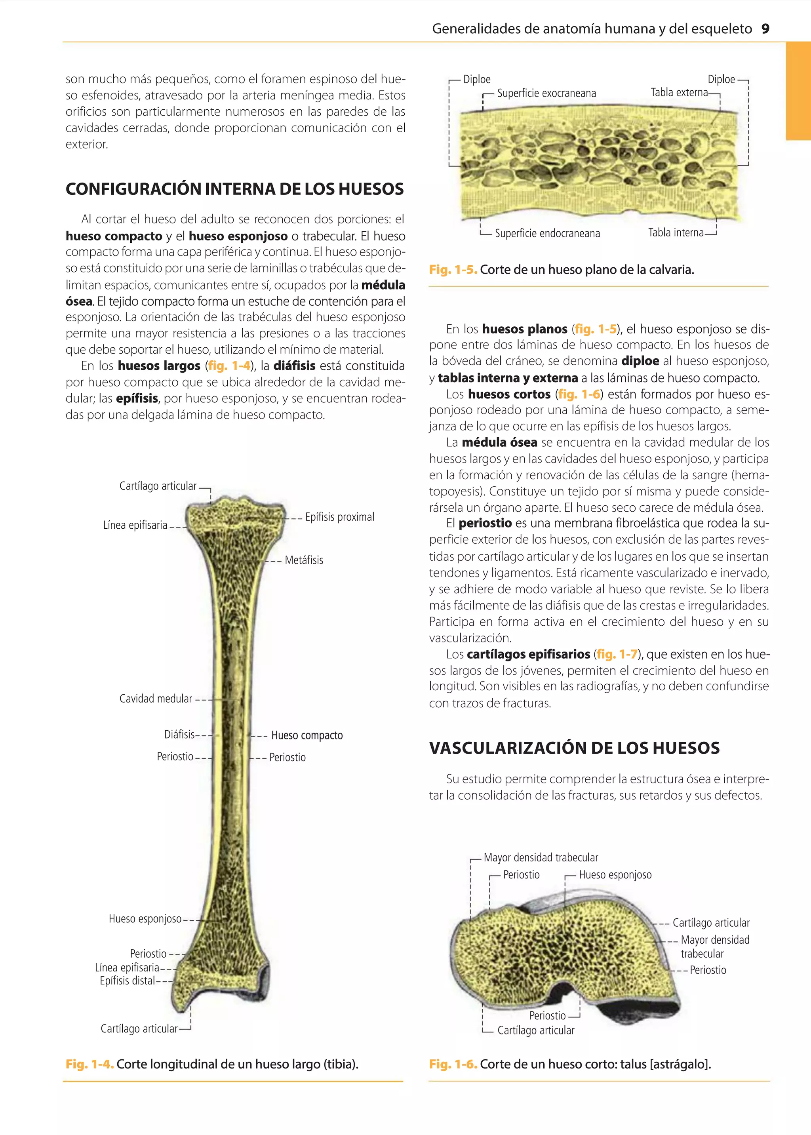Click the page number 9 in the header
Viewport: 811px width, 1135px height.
[x=765, y=29]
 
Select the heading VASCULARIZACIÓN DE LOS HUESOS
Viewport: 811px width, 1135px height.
[x=574, y=748]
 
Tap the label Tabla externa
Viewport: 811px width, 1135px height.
[x=679, y=92]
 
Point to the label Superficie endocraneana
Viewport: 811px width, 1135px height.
[x=547, y=233]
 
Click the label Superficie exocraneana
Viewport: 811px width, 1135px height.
[x=546, y=93]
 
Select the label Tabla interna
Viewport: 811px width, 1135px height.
[x=675, y=233]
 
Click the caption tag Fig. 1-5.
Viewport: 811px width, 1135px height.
[x=453, y=270]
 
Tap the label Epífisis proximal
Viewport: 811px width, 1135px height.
[x=340, y=517]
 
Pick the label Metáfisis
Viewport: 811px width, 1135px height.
[x=304, y=560]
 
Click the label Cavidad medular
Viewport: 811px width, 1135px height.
[x=155, y=699]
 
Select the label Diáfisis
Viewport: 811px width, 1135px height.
[x=179, y=735]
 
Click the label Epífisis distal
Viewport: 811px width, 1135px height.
[x=128, y=981]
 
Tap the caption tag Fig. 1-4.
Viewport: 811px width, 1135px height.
[x=89, y=1064]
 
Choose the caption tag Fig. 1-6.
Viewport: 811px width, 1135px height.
[x=453, y=1064]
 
